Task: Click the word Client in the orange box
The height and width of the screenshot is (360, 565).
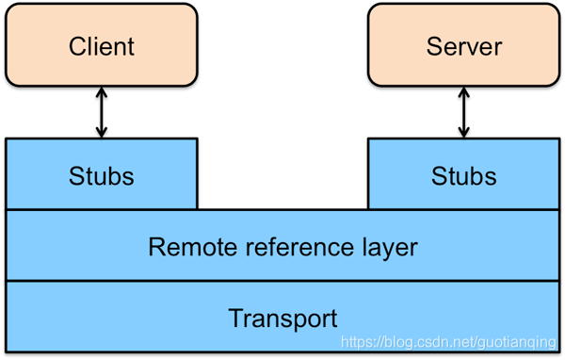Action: click(x=102, y=46)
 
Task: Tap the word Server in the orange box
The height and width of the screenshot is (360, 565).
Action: click(x=463, y=46)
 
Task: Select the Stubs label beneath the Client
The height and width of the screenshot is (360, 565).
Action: click(x=102, y=175)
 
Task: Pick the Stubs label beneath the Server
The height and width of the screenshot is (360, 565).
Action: click(x=463, y=175)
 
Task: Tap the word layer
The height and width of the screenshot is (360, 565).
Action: click(x=386, y=247)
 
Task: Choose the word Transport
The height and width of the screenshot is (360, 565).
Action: click(x=282, y=318)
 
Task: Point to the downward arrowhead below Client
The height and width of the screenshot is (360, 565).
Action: click(x=102, y=132)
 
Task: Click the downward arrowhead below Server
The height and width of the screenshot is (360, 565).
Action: click(x=463, y=132)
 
